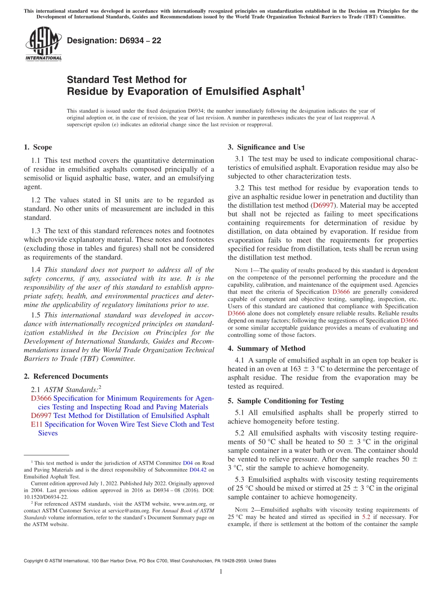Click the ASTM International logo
coord(43,45)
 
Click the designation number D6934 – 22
coord(114,40)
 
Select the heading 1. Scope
coord(38,148)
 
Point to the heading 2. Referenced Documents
coord(66,377)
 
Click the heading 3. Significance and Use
coord(266,148)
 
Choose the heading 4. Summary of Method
coord(267,349)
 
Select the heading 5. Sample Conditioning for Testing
coord(285,401)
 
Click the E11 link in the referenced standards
coord(36,424)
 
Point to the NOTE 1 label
coord(243,270)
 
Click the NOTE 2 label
coord(243,510)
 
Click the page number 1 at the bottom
coord(221,572)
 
